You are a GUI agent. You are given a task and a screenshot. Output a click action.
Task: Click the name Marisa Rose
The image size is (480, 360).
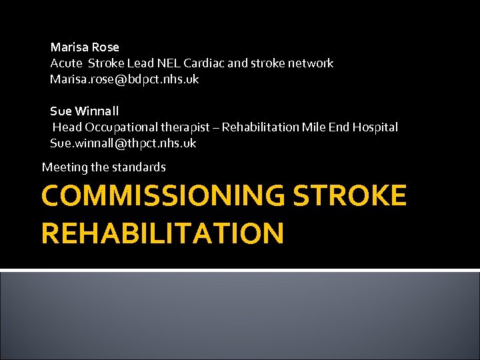[85, 47]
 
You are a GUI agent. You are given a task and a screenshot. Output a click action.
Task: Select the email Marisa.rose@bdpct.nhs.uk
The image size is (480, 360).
[124, 79]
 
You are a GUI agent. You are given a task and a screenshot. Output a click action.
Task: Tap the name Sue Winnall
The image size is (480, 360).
[84, 111]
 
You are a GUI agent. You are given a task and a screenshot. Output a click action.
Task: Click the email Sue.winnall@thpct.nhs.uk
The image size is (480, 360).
[123, 143]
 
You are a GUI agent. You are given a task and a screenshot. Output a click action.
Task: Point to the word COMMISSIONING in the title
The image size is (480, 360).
[162, 196]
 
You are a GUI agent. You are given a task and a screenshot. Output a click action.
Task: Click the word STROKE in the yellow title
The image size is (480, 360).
[349, 196]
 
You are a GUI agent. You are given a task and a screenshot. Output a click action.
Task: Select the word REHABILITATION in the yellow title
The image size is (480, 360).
[162, 233]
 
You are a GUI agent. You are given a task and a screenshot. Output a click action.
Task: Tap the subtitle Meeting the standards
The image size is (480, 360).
[103, 167]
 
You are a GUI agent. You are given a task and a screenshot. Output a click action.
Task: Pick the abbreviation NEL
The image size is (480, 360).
[167, 63]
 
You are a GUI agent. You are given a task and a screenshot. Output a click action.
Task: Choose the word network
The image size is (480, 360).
[311, 63]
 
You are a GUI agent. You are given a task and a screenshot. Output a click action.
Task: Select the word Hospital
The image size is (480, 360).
[375, 127]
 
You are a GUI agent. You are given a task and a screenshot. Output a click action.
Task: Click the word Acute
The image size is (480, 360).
[66, 63]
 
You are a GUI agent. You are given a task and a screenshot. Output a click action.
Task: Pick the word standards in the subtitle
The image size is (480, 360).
[141, 167]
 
